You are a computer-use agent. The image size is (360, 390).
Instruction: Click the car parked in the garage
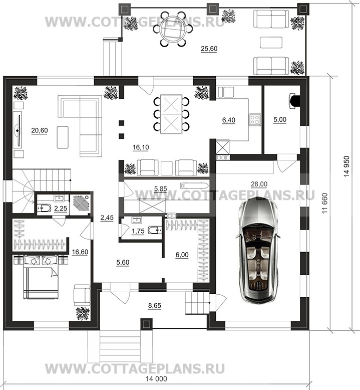point(258,251)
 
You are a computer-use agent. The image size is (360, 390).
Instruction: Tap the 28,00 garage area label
point(259,184)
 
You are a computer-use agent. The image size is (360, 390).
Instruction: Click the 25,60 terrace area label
point(209,49)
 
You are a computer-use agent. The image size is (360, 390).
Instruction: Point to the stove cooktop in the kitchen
point(255,120)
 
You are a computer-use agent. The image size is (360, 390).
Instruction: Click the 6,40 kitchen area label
point(229,120)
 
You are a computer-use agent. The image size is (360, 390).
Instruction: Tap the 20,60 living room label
point(40,130)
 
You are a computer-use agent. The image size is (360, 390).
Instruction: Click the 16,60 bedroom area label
point(80,252)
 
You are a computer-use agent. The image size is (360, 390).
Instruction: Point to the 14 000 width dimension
point(156,379)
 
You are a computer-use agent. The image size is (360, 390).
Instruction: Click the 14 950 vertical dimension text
point(347,166)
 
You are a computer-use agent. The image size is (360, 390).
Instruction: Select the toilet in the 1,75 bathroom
point(154,230)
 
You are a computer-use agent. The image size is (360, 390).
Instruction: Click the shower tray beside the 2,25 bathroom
point(80,205)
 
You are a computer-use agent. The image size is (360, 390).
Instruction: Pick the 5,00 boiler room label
point(280,120)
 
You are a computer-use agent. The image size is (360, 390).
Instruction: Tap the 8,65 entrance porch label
point(155,305)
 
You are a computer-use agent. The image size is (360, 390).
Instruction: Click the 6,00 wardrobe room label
point(182,255)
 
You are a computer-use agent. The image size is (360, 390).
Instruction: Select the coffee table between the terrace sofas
point(271,42)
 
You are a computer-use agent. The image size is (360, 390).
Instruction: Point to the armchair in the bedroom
point(82,295)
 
